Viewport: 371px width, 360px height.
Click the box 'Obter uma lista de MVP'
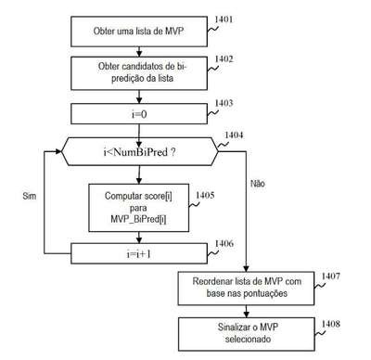[x=139, y=32]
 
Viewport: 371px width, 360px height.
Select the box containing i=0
[x=139, y=114]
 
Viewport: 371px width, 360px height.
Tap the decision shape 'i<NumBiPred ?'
[x=140, y=152]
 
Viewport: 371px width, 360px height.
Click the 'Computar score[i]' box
[x=139, y=208]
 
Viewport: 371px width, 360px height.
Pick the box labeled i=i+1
[x=139, y=253]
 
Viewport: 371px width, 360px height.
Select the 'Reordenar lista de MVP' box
[x=246, y=289]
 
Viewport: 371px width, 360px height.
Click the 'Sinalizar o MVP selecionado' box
[x=247, y=334]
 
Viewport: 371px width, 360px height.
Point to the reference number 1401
[x=224, y=19]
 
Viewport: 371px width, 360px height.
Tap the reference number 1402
[x=224, y=58]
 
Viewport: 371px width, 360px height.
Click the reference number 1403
[x=224, y=103]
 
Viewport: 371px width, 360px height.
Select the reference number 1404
[x=234, y=135]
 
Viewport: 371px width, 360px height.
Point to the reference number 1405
[x=205, y=195]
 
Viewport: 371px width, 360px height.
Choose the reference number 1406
[x=224, y=243]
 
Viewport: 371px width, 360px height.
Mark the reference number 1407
[x=331, y=276]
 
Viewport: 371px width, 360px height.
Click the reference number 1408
[x=331, y=324]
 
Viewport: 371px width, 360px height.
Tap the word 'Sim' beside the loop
[x=30, y=196]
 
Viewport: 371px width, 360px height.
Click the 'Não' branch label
[x=258, y=184]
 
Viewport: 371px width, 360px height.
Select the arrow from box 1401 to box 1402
[x=139, y=52]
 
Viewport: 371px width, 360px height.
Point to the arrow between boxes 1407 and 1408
[x=247, y=311]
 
